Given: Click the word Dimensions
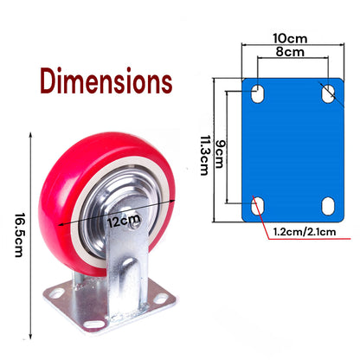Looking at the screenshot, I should coord(106,82).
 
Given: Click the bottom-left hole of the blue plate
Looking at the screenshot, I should coord(257,204).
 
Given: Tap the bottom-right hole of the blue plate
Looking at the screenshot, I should coord(328,205).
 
